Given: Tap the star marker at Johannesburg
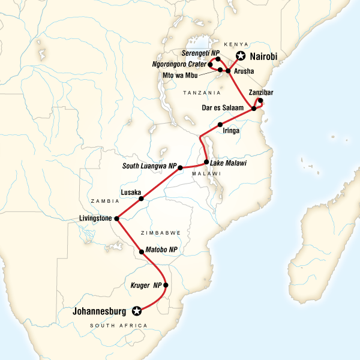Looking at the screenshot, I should pos(137,311).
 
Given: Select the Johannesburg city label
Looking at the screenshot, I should pos(101,311).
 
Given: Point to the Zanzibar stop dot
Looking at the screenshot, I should pos(260,101).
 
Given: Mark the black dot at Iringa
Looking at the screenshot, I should pos(220,124).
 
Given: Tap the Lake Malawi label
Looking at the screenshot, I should pos(229,163).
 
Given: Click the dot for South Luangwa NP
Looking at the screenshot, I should pos(180,168).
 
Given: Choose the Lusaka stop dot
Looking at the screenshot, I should pos(141,199).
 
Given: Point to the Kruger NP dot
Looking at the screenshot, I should pos(166,285).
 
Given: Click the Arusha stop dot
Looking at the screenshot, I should pos(229,71).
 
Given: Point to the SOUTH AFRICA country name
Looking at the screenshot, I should pos(128,325).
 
